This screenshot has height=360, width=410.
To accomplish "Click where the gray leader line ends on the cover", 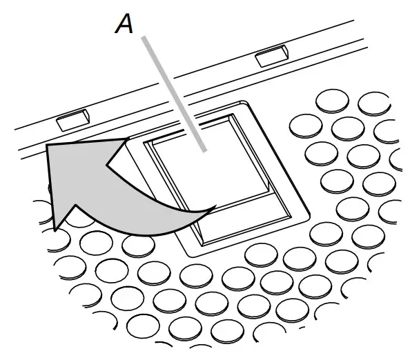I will tap(204, 149).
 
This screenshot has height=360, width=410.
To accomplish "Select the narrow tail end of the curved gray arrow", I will tap(215, 206).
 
